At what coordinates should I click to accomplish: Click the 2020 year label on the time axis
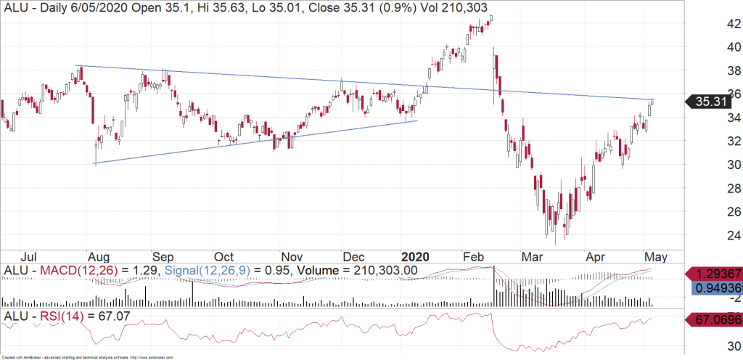[x=416, y=256]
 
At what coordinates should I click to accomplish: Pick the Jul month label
[x=30, y=256]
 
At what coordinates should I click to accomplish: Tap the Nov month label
[x=291, y=256]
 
